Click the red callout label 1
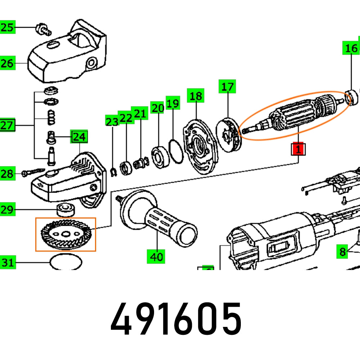click(298, 149)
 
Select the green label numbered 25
click(8, 27)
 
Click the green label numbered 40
click(156, 256)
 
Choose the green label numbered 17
click(227, 87)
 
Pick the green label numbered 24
click(80, 137)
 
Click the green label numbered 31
click(8, 262)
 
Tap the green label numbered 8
click(342, 251)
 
